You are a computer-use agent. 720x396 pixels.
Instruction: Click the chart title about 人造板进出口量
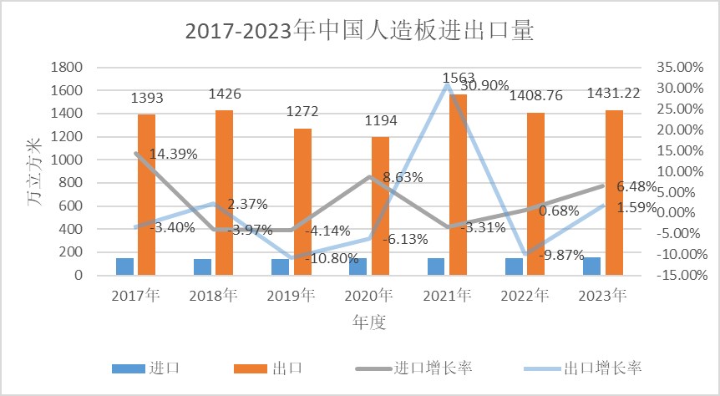pos(359,31)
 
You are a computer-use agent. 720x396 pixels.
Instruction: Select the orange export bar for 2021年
pos(458,184)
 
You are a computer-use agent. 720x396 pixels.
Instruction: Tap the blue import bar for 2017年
pos(124,266)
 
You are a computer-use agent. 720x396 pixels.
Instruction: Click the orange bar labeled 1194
pos(380,206)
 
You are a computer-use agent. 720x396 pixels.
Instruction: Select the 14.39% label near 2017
pos(175,154)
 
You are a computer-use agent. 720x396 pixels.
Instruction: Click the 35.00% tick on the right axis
pos(677,67)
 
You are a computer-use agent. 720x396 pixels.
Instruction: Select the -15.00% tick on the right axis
pos(678,275)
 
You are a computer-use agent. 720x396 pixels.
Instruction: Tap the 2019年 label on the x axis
pos(290,295)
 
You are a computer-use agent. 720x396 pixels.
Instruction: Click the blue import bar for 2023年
pos(591,266)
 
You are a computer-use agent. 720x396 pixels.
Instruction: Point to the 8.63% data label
pos(403,177)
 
